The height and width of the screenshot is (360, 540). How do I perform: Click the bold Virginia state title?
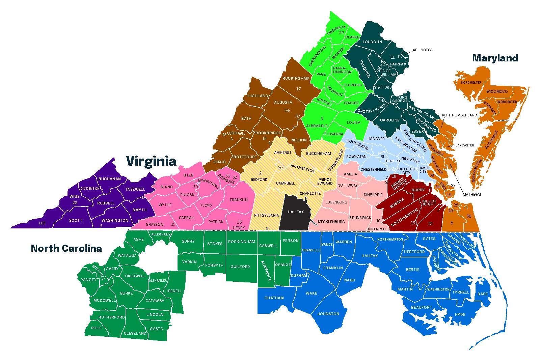[x=151, y=161]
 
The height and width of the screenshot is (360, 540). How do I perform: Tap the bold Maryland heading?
[x=495, y=58]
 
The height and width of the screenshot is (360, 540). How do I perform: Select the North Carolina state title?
[x=66, y=249]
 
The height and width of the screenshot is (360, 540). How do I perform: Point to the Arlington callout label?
[x=423, y=50]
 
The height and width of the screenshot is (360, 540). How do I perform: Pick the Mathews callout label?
[x=471, y=194]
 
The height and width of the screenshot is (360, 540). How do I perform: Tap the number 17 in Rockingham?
[x=298, y=89]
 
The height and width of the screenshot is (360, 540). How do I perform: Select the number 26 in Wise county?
[x=75, y=203]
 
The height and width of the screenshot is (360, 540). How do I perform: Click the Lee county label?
[x=42, y=223]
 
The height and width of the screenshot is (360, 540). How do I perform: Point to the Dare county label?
[x=483, y=294]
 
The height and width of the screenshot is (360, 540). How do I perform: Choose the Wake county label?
[x=311, y=293]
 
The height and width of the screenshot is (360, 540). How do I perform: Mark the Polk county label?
[x=96, y=328]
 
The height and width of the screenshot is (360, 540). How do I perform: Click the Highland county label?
[x=258, y=96]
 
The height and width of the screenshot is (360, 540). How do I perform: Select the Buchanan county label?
[x=109, y=179]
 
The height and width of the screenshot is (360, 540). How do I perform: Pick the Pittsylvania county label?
[x=266, y=215]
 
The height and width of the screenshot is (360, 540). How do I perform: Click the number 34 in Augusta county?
[x=287, y=111]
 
